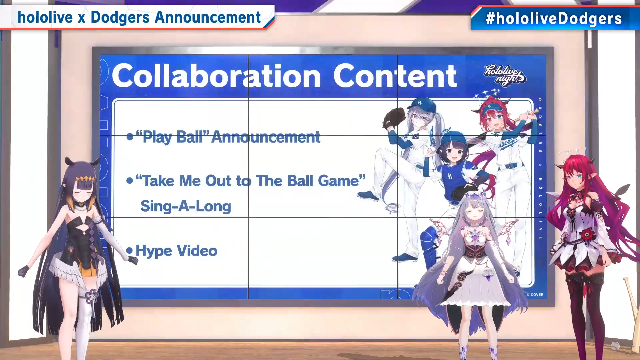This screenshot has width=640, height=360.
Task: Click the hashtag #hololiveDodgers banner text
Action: click(554, 19)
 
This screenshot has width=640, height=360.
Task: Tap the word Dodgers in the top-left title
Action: click(120, 18)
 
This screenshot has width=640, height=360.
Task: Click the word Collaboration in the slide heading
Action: click(216, 76)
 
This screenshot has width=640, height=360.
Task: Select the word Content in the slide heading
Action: click(395, 76)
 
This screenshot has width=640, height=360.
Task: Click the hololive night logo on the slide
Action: click(505, 75)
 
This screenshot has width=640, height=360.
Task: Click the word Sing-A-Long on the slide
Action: click(186, 206)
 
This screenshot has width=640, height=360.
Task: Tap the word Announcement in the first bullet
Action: click(266, 137)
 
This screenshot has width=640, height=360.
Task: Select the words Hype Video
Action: click(176, 251)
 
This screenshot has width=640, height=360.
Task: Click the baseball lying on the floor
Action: click(615, 346)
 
